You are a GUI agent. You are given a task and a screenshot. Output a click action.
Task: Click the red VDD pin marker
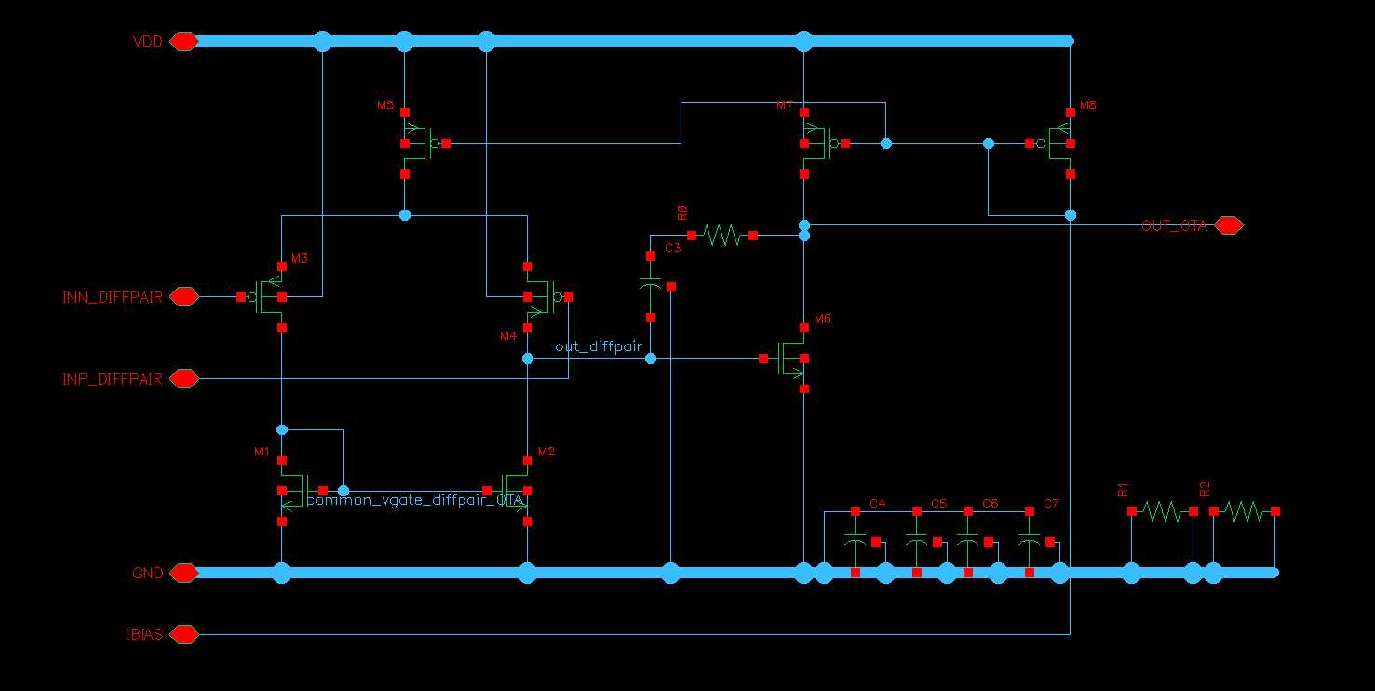(x=183, y=41)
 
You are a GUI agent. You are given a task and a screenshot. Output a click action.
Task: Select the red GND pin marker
(x=183, y=573)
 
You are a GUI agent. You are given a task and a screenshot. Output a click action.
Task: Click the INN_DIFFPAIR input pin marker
(x=183, y=297)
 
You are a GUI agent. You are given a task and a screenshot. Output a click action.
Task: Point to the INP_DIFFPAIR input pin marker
(x=183, y=379)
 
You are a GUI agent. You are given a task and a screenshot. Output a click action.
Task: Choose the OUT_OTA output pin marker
(x=1228, y=225)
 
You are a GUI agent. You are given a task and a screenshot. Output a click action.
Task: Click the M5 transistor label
(x=385, y=106)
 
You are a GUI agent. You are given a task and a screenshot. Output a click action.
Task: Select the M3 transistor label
(x=300, y=258)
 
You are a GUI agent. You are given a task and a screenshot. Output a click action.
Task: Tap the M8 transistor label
(x=1088, y=106)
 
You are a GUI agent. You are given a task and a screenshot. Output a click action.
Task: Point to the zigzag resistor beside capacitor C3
(x=721, y=236)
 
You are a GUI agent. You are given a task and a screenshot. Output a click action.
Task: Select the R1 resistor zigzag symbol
(x=1161, y=511)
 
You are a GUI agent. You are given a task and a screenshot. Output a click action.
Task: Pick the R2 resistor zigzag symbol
(x=1245, y=511)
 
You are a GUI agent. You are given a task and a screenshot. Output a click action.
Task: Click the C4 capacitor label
(x=877, y=504)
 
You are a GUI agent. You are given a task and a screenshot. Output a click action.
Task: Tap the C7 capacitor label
(x=1051, y=504)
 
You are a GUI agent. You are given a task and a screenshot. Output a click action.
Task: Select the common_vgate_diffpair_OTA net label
(x=416, y=501)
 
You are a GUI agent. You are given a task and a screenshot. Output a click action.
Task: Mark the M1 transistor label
(x=262, y=452)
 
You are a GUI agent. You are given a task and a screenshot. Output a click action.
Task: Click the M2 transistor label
(x=546, y=452)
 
